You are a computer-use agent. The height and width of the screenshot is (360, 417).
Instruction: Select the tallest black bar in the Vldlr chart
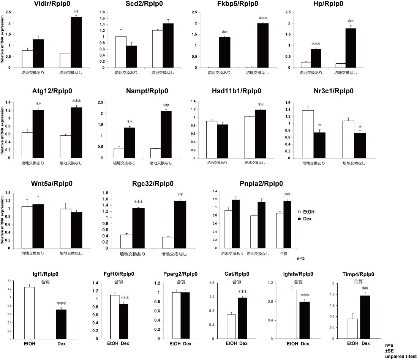click(76, 42)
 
